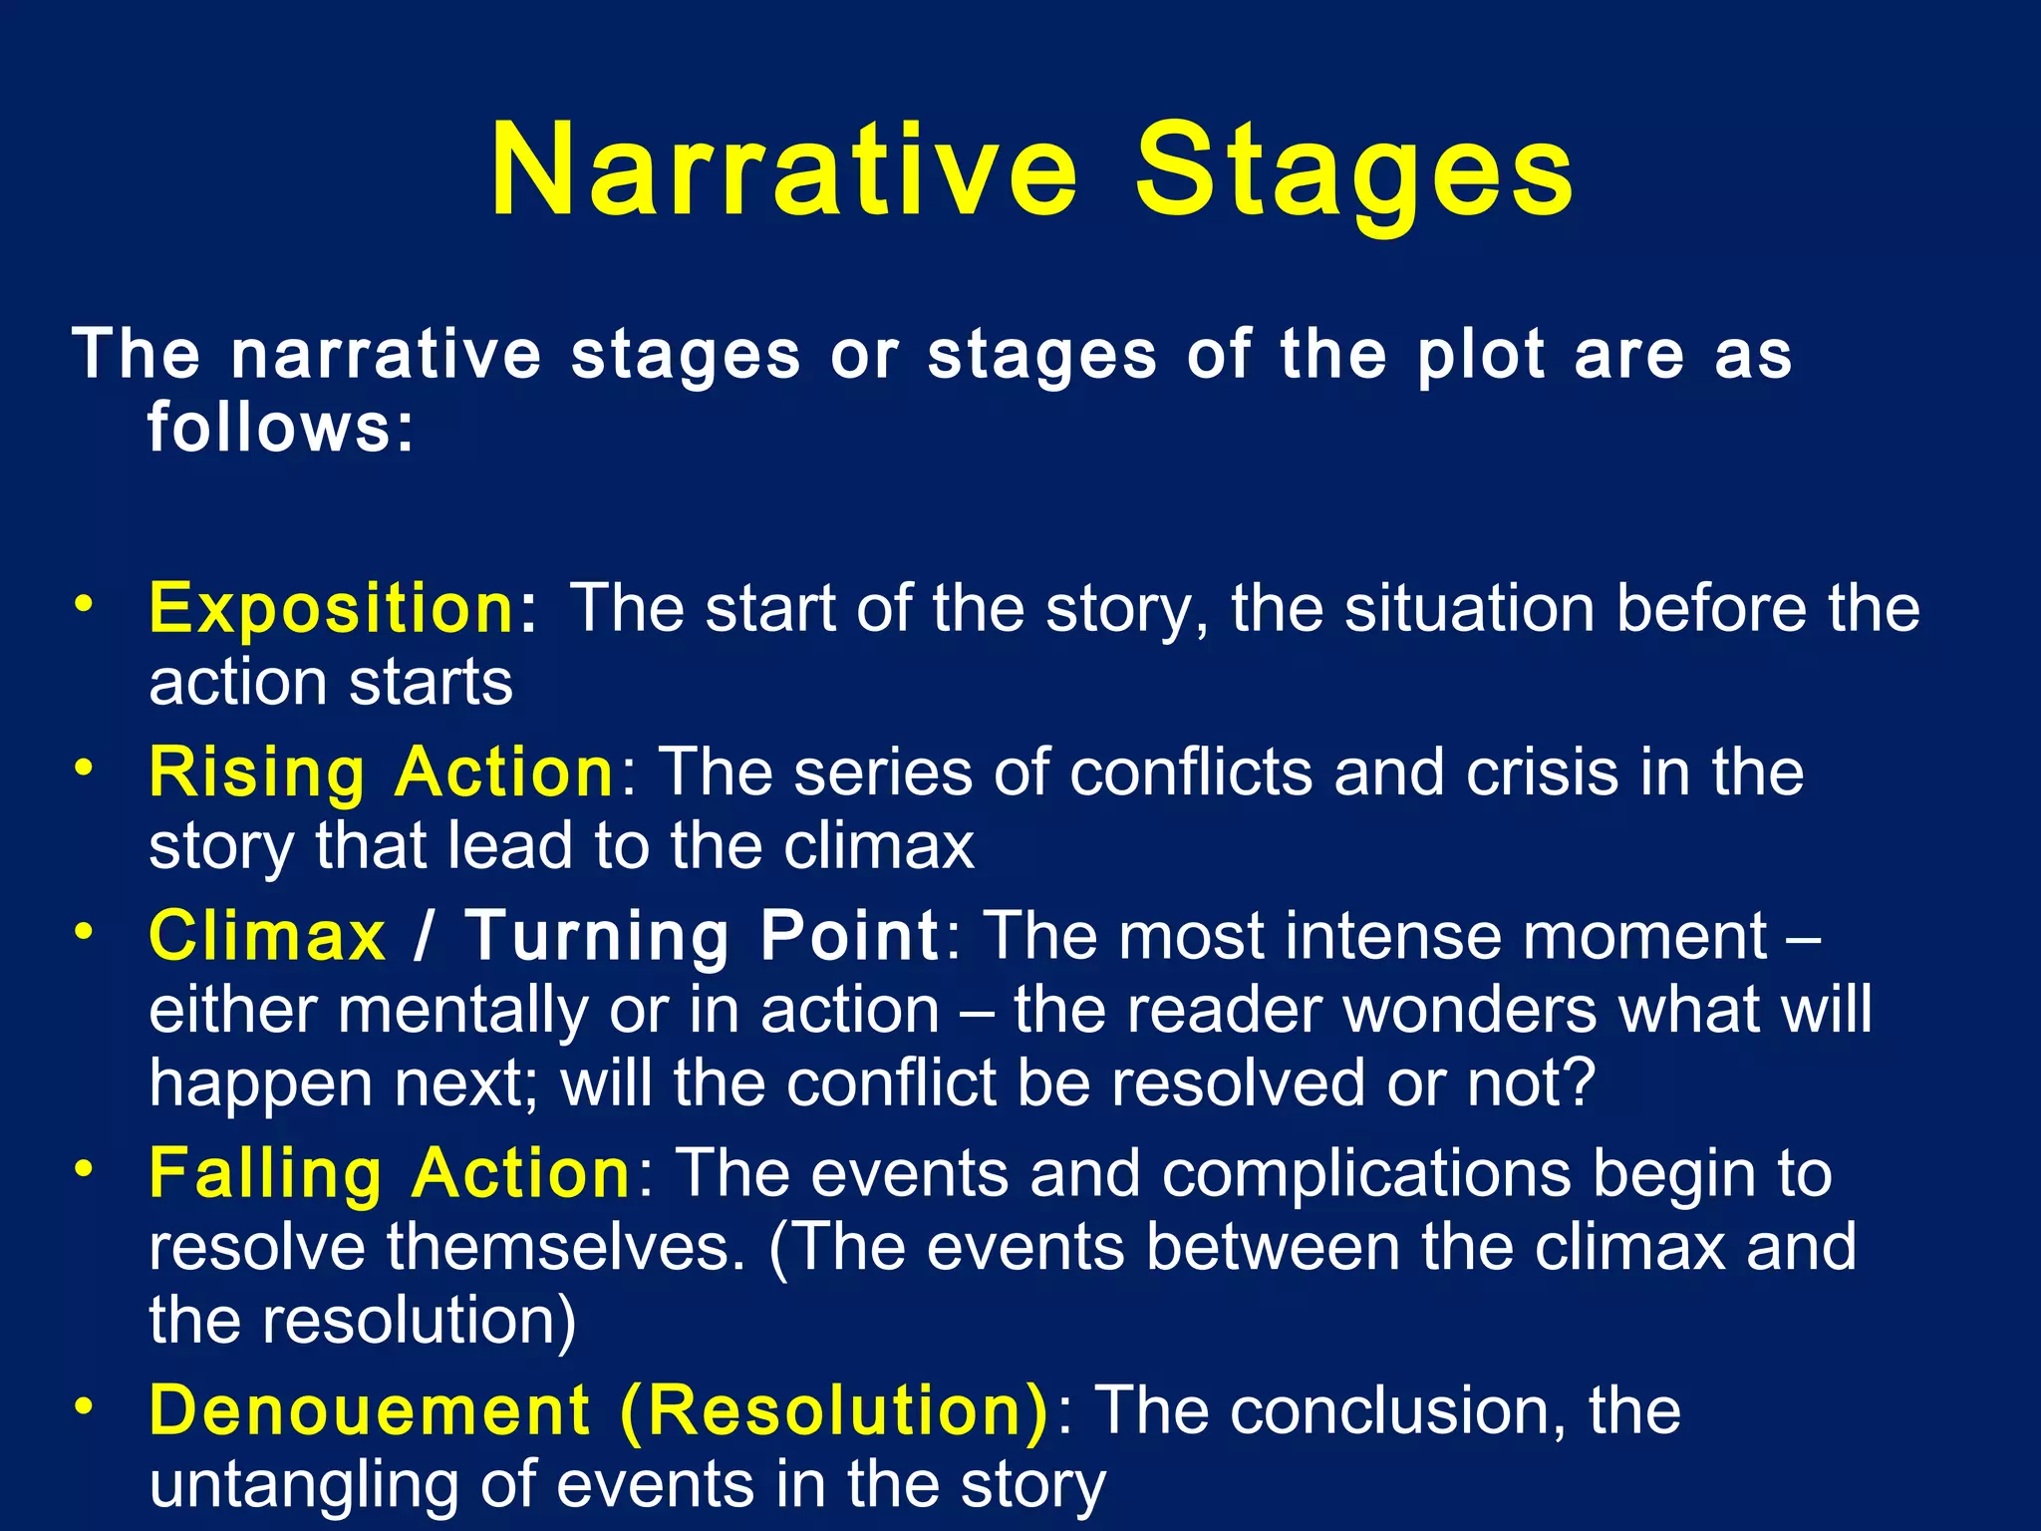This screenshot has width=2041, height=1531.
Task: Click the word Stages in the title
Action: (1354, 171)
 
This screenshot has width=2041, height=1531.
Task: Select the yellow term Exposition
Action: (331, 608)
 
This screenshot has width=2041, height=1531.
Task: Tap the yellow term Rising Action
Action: (382, 772)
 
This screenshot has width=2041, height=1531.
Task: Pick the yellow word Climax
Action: (267, 936)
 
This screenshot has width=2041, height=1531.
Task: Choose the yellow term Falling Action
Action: (390, 1173)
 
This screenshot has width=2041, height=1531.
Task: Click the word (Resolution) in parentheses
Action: (834, 1410)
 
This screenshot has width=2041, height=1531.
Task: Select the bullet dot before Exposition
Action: (85, 603)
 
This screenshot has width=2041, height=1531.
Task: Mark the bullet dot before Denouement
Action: (85, 1405)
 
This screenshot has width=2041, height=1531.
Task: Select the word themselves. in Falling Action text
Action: (566, 1247)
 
